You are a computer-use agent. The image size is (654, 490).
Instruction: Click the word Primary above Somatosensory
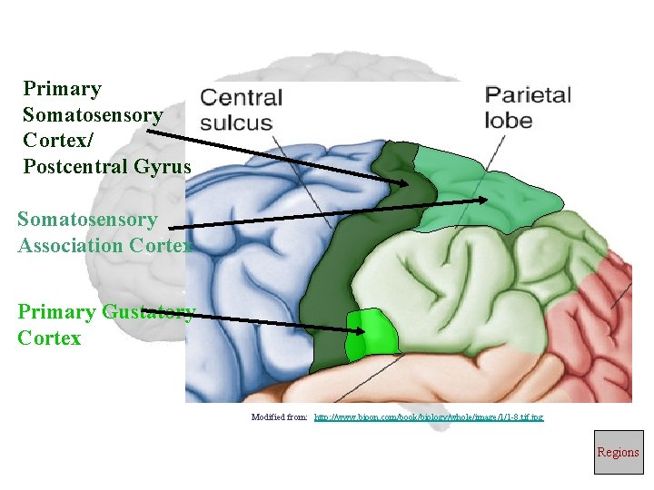(x=62, y=89)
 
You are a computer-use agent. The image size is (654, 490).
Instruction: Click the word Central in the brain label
(x=242, y=98)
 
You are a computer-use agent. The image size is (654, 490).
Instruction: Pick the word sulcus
(x=236, y=122)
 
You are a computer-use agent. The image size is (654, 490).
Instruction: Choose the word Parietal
(x=528, y=94)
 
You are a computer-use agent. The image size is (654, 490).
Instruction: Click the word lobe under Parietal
(x=509, y=120)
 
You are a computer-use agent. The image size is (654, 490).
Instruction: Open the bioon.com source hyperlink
(x=429, y=416)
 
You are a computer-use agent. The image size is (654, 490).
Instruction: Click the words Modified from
(x=280, y=416)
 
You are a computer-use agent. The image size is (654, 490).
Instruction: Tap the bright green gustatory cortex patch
(x=375, y=331)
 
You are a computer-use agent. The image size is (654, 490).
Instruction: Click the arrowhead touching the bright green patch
(x=360, y=330)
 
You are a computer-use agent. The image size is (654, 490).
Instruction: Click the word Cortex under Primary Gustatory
(x=49, y=338)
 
